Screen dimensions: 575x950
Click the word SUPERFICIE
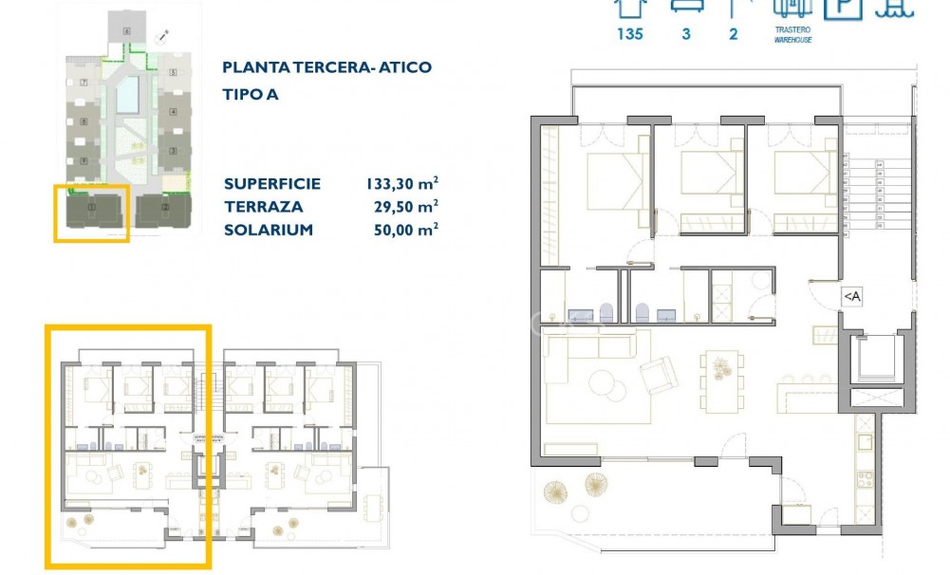pyautogui.click(x=272, y=184)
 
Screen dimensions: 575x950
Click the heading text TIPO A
pyautogui.click(x=251, y=95)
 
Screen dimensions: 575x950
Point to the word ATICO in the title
pyautogui.click(x=402, y=67)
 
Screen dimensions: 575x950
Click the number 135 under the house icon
pyautogui.click(x=629, y=34)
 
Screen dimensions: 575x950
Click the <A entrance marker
pyautogui.click(x=851, y=297)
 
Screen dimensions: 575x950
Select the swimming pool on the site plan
pyautogui.click(x=127, y=94)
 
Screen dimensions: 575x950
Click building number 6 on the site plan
pyautogui.click(x=126, y=31)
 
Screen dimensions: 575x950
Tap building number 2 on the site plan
pyautogui.click(x=165, y=206)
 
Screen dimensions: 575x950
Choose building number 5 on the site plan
pyautogui.click(x=173, y=73)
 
